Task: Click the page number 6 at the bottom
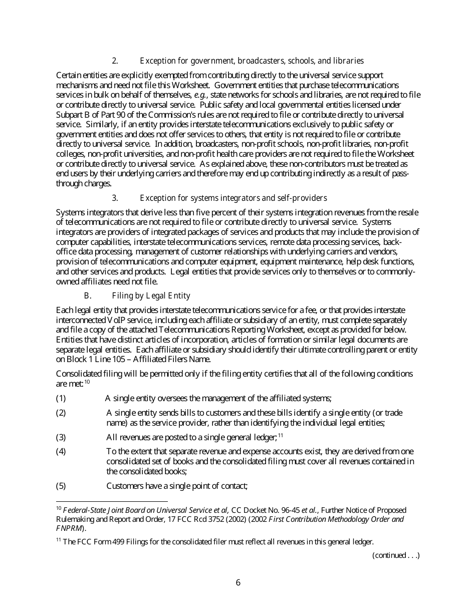pyautogui.click(x=238, y=582)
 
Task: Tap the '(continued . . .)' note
pyautogui.click(x=396, y=555)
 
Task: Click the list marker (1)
pyautogui.click(x=61, y=399)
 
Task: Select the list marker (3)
pyautogui.click(x=61, y=437)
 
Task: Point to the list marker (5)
pyautogui.click(x=61, y=486)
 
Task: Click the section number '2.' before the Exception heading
pyautogui.click(x=115, y=61)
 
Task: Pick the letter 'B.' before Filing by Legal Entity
pyautogui.click(x=87, y=296)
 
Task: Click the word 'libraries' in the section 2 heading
pyautogui.click(x=348, y=61)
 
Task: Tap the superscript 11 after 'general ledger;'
pyautogui.click(x=281, y=435)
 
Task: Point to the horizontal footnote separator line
pyautogui.click(x=112, y=501)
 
